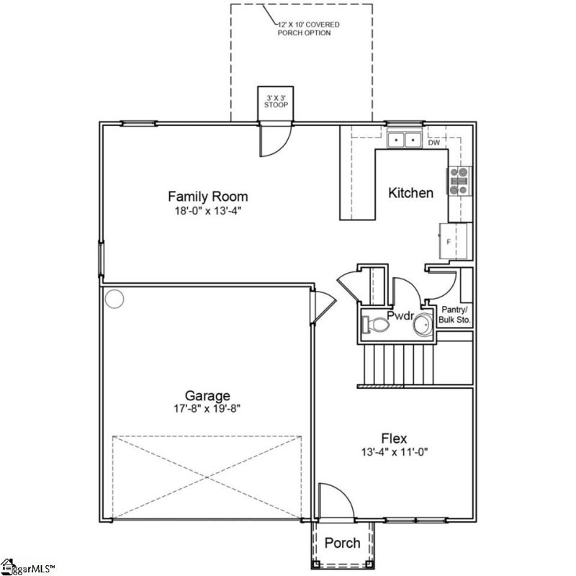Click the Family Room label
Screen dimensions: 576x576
coord(207,196)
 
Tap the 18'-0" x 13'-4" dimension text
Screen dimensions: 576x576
coord(207,212)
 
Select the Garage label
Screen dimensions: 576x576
coord(207,395)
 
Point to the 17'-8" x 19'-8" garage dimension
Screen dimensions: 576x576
coord(207,409)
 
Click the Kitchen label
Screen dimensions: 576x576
coord(410,193)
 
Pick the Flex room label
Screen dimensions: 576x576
coord(394,438)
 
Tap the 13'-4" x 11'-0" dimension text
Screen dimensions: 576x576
coord(394,452)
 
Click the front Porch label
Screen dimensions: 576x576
coord(342,543)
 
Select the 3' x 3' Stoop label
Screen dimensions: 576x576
coord(276,101)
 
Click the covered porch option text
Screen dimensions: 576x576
coord(310,29)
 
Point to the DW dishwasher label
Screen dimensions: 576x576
coord(433,143)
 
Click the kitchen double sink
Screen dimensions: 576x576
coord(404,140)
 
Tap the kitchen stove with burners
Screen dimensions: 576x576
coord(458,181)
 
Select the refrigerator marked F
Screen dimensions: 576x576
coord(454,241)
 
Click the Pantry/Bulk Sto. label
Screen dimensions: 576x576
coord(456,314)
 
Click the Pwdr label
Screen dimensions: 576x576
coord(399,315)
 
